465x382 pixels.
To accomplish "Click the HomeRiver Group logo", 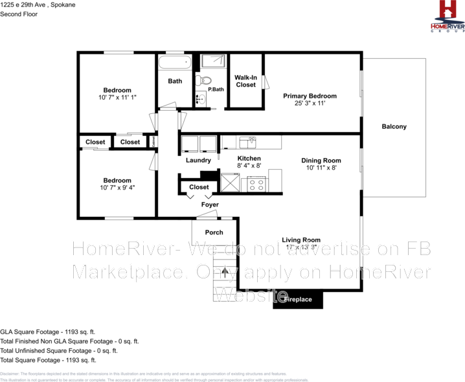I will point(448,16).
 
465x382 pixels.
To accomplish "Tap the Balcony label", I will point(394,127).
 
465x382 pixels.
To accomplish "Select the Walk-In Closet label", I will point(245,81).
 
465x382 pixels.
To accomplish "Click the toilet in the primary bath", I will point(206,82).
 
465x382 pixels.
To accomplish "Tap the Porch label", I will point(214,232).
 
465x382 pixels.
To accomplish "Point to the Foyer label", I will point(210,205).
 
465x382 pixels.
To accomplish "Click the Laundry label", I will point(198,160).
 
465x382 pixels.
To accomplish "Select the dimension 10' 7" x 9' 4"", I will point(117,188).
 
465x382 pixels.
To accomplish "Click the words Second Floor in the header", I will point(19,14).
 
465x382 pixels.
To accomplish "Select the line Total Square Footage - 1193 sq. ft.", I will point(48,359).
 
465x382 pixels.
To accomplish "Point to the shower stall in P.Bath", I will point(212,62).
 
